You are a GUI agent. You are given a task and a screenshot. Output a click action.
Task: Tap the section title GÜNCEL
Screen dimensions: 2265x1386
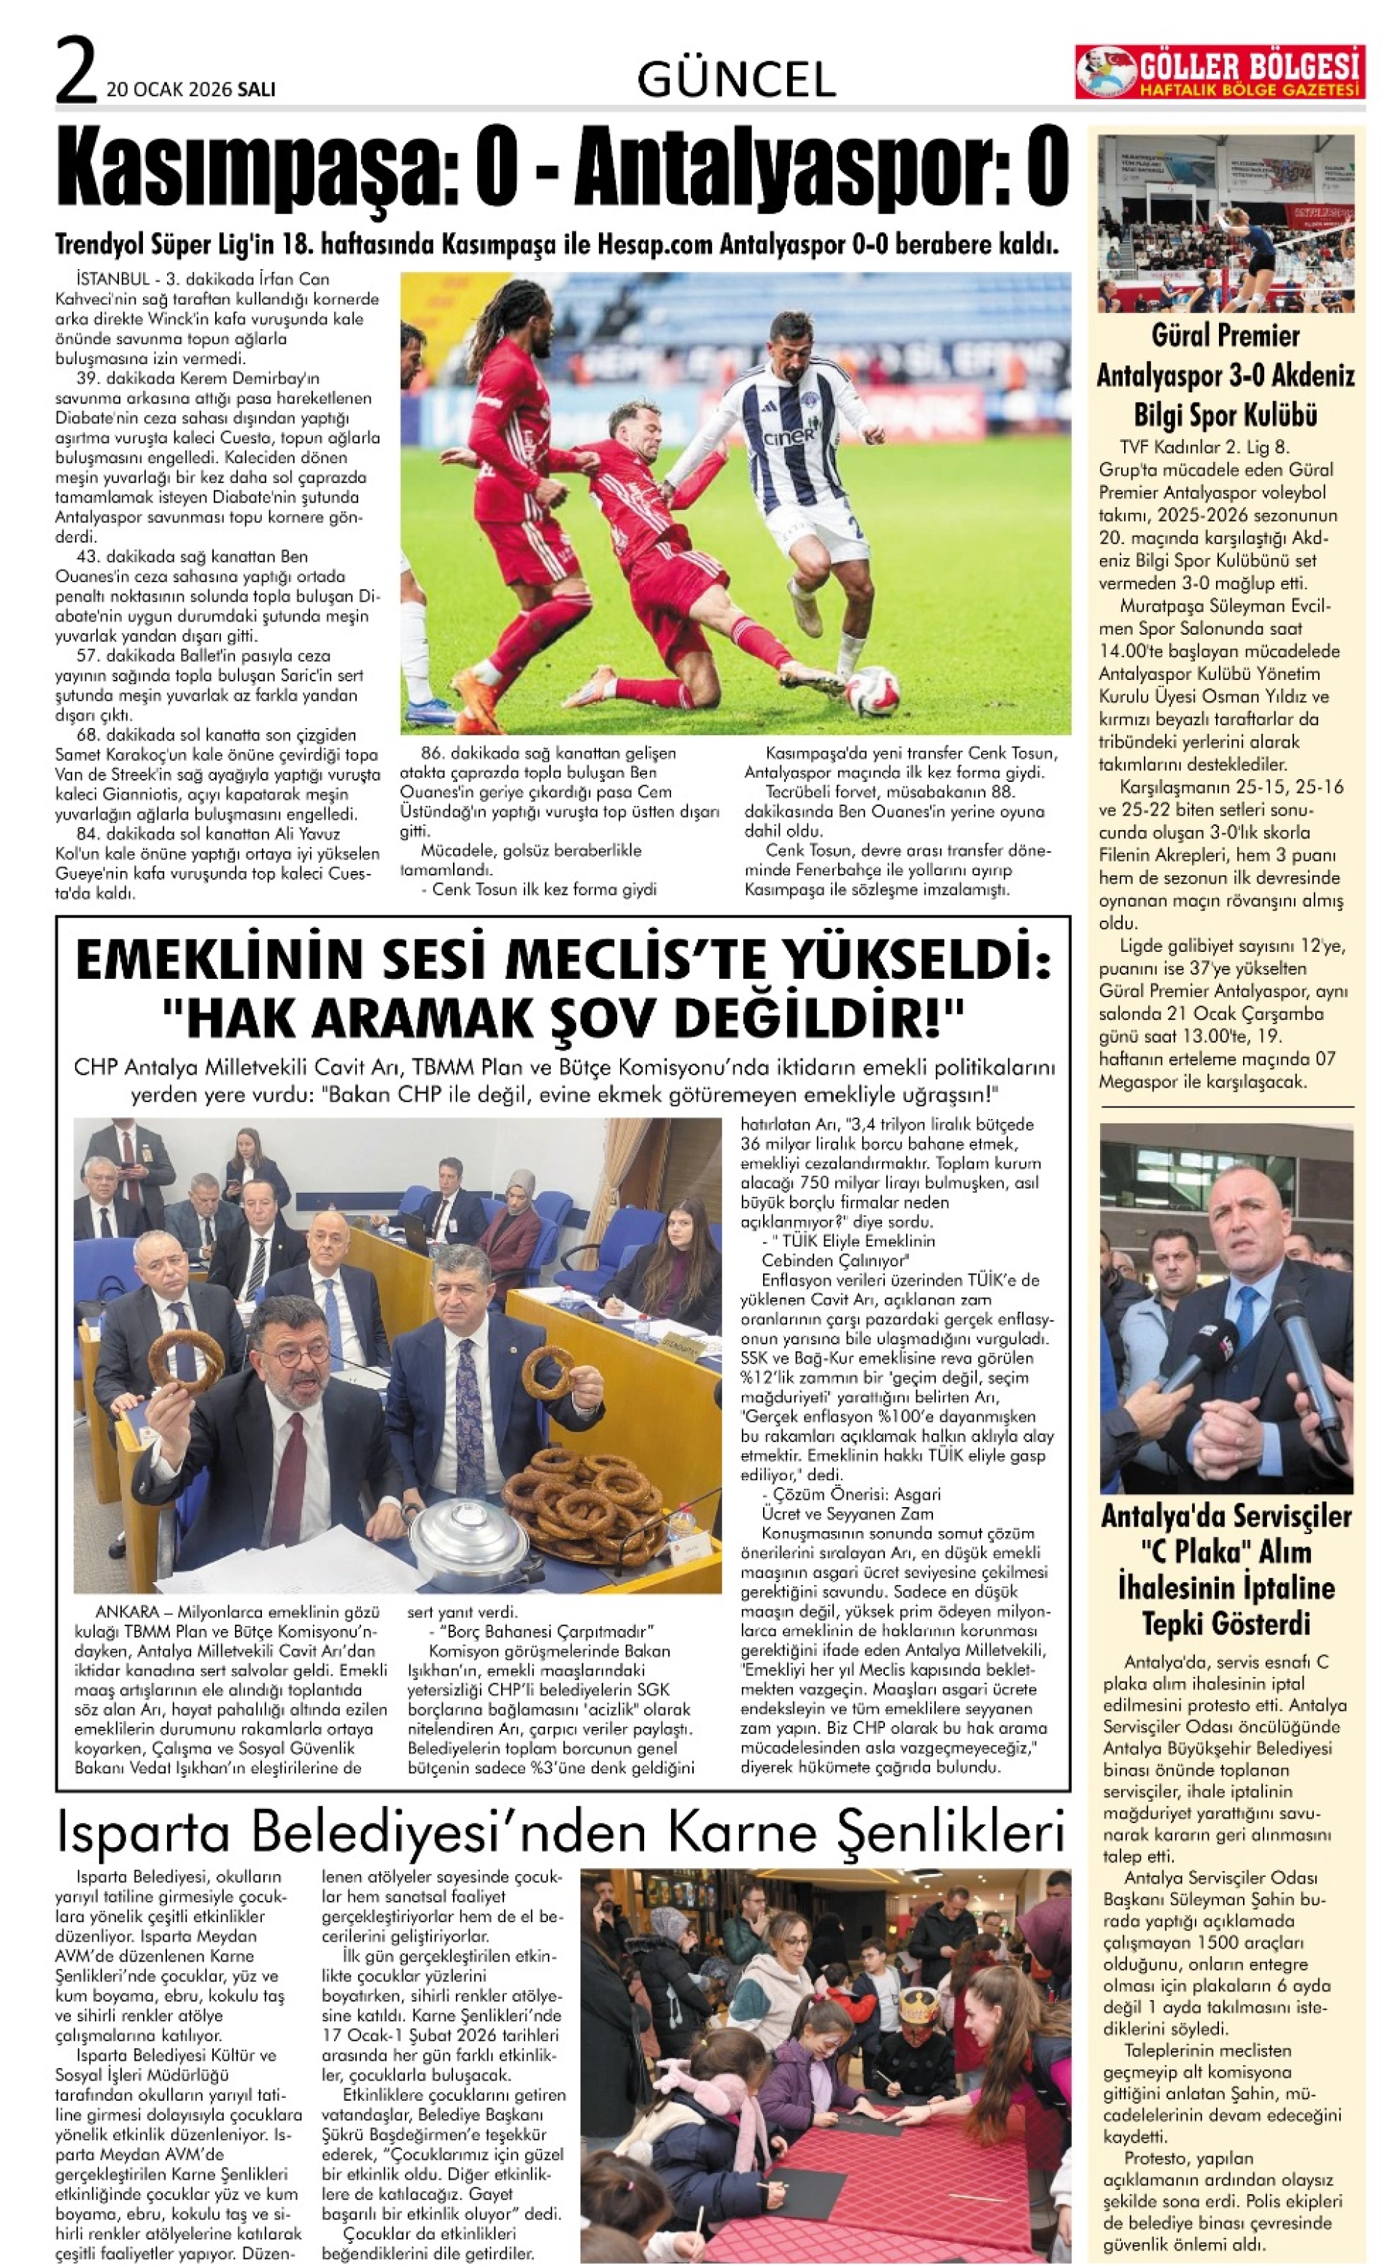pos(736,80)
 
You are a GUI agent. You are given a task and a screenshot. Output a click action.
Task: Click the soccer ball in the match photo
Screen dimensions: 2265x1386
pos(871,692)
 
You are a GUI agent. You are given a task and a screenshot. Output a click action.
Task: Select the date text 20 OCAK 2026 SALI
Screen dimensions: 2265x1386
pos(191,89)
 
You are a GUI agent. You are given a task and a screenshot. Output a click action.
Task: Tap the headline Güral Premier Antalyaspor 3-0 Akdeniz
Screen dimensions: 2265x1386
pos(1226,375)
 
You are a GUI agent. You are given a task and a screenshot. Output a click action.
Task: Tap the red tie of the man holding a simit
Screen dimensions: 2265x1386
pos(293,1460)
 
